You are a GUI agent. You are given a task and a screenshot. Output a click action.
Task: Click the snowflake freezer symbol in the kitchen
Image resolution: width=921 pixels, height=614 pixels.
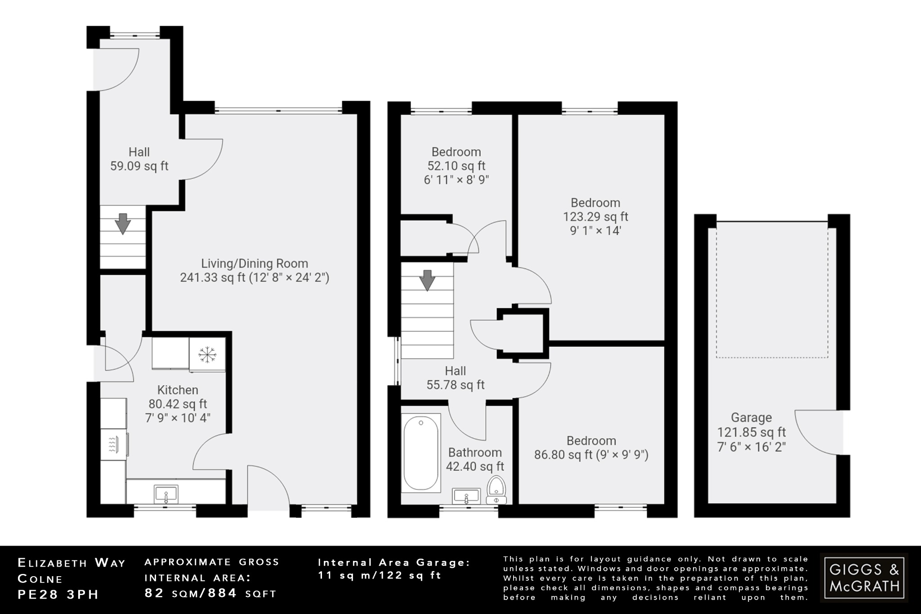[207, 355]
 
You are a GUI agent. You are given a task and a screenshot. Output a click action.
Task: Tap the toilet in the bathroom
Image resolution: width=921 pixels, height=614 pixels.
[496, 490]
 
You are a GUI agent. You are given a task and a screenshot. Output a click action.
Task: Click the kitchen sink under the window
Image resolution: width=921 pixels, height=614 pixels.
[166, 494]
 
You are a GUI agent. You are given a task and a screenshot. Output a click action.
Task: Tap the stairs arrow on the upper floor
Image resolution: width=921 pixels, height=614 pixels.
[427, 280]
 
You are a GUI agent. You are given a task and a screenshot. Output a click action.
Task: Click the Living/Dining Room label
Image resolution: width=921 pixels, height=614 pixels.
[255, 264]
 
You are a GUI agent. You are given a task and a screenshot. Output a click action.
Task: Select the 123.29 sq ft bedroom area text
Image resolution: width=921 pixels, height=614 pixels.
[595, 217]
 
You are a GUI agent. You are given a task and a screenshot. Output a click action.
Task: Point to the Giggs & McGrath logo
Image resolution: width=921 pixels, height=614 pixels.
[864, 578]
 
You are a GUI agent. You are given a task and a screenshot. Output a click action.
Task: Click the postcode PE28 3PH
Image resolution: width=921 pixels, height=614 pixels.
[58, 594]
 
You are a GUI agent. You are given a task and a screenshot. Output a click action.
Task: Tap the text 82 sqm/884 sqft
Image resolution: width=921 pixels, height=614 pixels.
[210, 593]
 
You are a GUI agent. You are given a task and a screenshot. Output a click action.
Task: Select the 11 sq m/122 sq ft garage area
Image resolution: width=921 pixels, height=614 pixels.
[380, 575]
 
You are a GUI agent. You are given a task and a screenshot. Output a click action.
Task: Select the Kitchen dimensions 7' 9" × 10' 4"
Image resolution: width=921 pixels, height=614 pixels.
[178, 418]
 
